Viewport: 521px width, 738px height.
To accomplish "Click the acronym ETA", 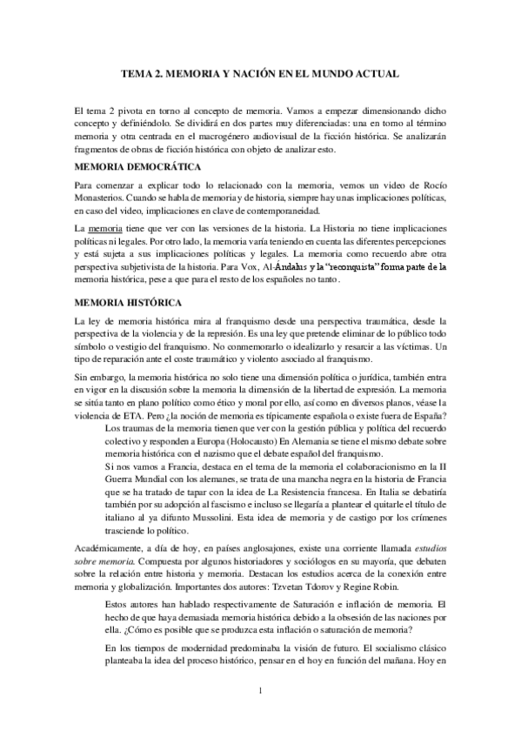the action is pyautogui.click(x=148, y=416).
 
